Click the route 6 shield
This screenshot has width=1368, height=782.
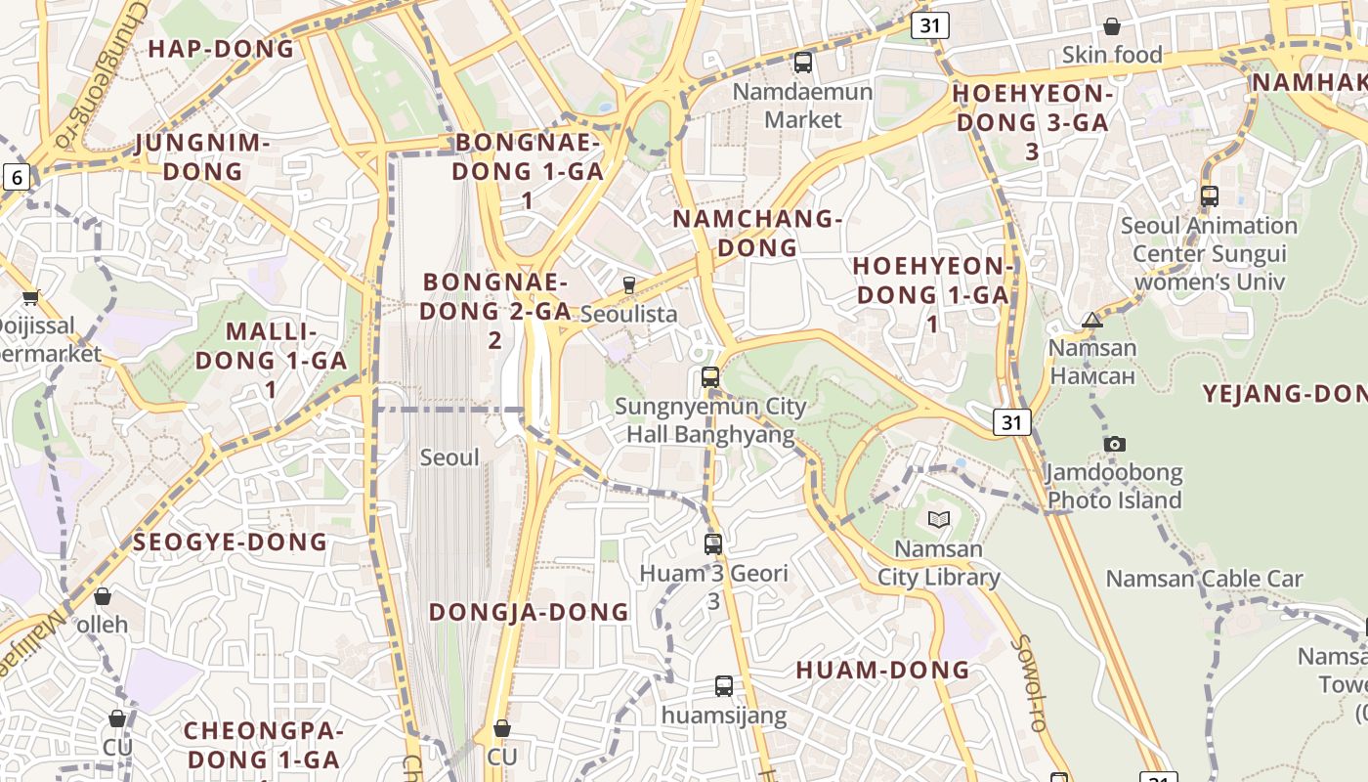pyautogui.click(x=17, y=177)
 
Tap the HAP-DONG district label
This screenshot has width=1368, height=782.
pyautogui.click(x=221, y=49)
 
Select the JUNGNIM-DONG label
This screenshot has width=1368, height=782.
pyautogui.click(x=202, y=157)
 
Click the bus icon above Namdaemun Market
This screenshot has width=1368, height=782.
pyautogui.click(x=803, y=63)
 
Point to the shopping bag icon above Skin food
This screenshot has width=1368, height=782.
pyautogui.click(x=1111, y=26)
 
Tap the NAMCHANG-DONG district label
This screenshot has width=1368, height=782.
pyautogui.click(x=757, y=233)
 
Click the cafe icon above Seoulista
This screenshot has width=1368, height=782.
pyautogui.click(x=629, y=284)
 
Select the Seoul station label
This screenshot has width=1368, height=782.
pyautogui.click(x=449, y=456)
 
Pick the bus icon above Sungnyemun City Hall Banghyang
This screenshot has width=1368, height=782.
pyautogui.click(x=710, y=376)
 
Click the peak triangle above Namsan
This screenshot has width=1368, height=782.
pyautogui.click(x=1092, y=320)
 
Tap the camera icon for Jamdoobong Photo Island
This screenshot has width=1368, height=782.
pyautogui.click(x=1114, y=444)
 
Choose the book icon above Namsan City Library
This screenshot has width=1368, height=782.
pyautogui.click(x=938, y=518)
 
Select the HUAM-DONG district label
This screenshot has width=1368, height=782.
pyautogui.click(x=882, y=670)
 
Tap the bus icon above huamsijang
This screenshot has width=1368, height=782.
pyautogui.click(x=723, y=685)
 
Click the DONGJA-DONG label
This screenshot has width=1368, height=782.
pyautogui.click(x=529, y=612)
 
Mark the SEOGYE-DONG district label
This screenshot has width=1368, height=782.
pyautogui.click(x=230, y=543)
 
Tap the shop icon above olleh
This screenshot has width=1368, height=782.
pyautogui.click(x=103, y=595)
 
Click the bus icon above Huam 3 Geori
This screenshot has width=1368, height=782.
pyautogui.click(x=713, y=543)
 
